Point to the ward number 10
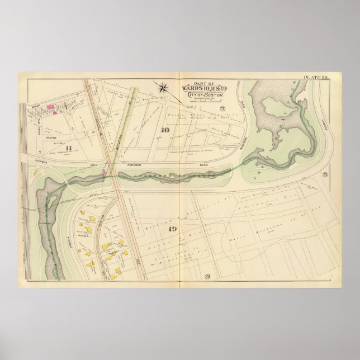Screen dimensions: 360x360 (x=165, y=130)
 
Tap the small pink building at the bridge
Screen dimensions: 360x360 (x=104, y=175)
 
